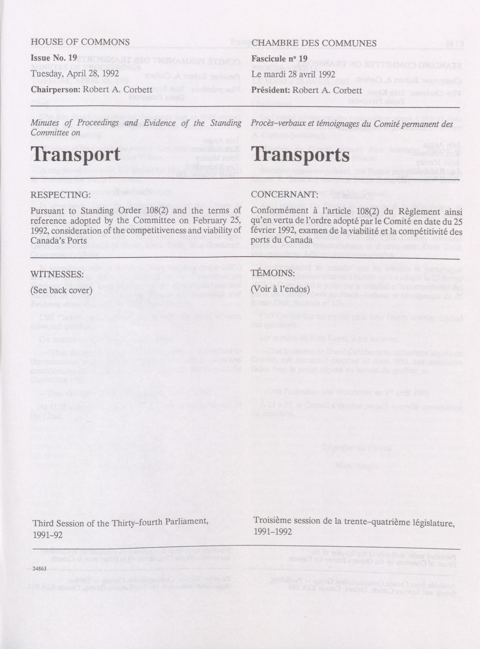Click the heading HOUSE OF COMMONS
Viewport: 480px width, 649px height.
point(80,42)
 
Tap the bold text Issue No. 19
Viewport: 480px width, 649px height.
point(54,58)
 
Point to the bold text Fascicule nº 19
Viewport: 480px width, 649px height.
point(279,59)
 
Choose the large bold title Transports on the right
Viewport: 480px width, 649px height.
point(300,155)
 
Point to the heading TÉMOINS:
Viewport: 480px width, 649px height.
point(273,273)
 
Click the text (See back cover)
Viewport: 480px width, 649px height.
point(62,290)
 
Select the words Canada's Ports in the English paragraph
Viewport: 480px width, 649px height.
point(59,241)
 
